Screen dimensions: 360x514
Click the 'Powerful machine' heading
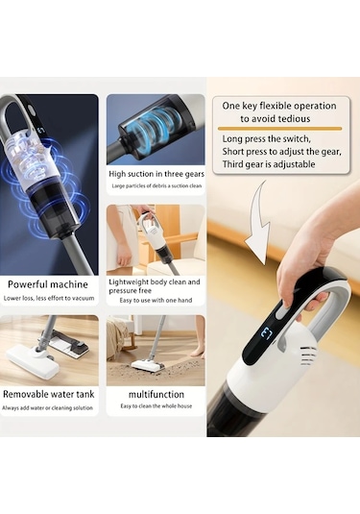tap(48, 284)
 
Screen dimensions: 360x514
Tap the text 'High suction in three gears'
tap(156, 174)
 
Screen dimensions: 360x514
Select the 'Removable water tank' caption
tap(49, 394)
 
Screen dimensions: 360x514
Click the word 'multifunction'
tap(156, 394)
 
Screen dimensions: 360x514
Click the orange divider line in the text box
tap(279, 129)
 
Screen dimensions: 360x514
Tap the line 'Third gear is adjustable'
tap(269, 164)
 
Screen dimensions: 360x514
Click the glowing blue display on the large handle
tap(267, 334)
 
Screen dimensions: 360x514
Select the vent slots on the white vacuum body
tap(308, 355)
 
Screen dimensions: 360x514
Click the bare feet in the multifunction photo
tap(197, 353)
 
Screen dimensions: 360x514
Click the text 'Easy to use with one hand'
tap(156, 301)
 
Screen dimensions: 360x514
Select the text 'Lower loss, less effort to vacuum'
tap(49, 298)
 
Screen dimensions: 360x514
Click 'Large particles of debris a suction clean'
tap(156, 185)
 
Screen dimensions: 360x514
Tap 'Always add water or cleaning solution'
tap(47, 408)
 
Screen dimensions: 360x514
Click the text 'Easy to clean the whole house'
tap(156, 406)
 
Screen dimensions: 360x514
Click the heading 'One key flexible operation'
tap(279, 106)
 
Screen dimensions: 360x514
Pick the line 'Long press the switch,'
tap(266, 139)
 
